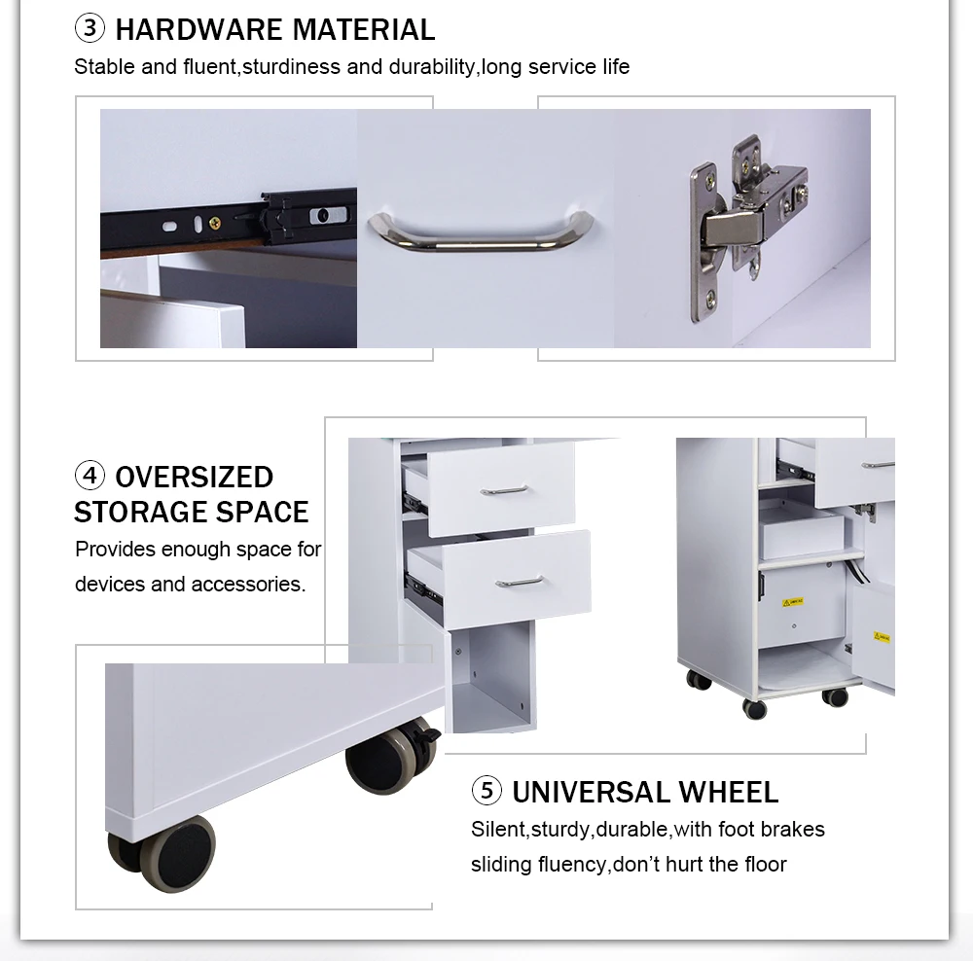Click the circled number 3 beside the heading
tap(90, 28)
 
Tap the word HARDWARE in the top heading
tap(198, 30)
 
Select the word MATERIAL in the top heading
tap(364, 30)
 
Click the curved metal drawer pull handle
tap(481, 231)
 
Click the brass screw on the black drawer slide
tap(214, 222)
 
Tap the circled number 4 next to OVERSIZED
tap(90, 476)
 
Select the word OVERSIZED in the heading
tap(195, 477)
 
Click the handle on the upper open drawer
tap(504, 490)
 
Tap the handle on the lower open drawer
tap(520, 583)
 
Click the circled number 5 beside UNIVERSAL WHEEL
tap(486, 791)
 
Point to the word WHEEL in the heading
tap(729, 793)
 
